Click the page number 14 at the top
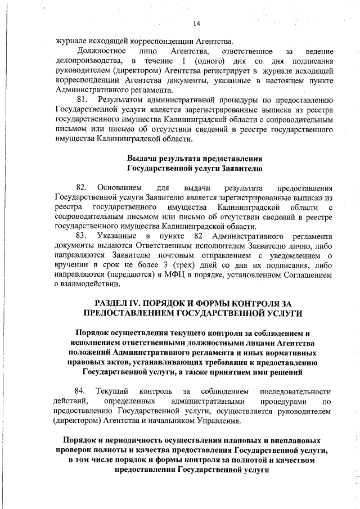[196, 24]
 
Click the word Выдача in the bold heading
[141, 158]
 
